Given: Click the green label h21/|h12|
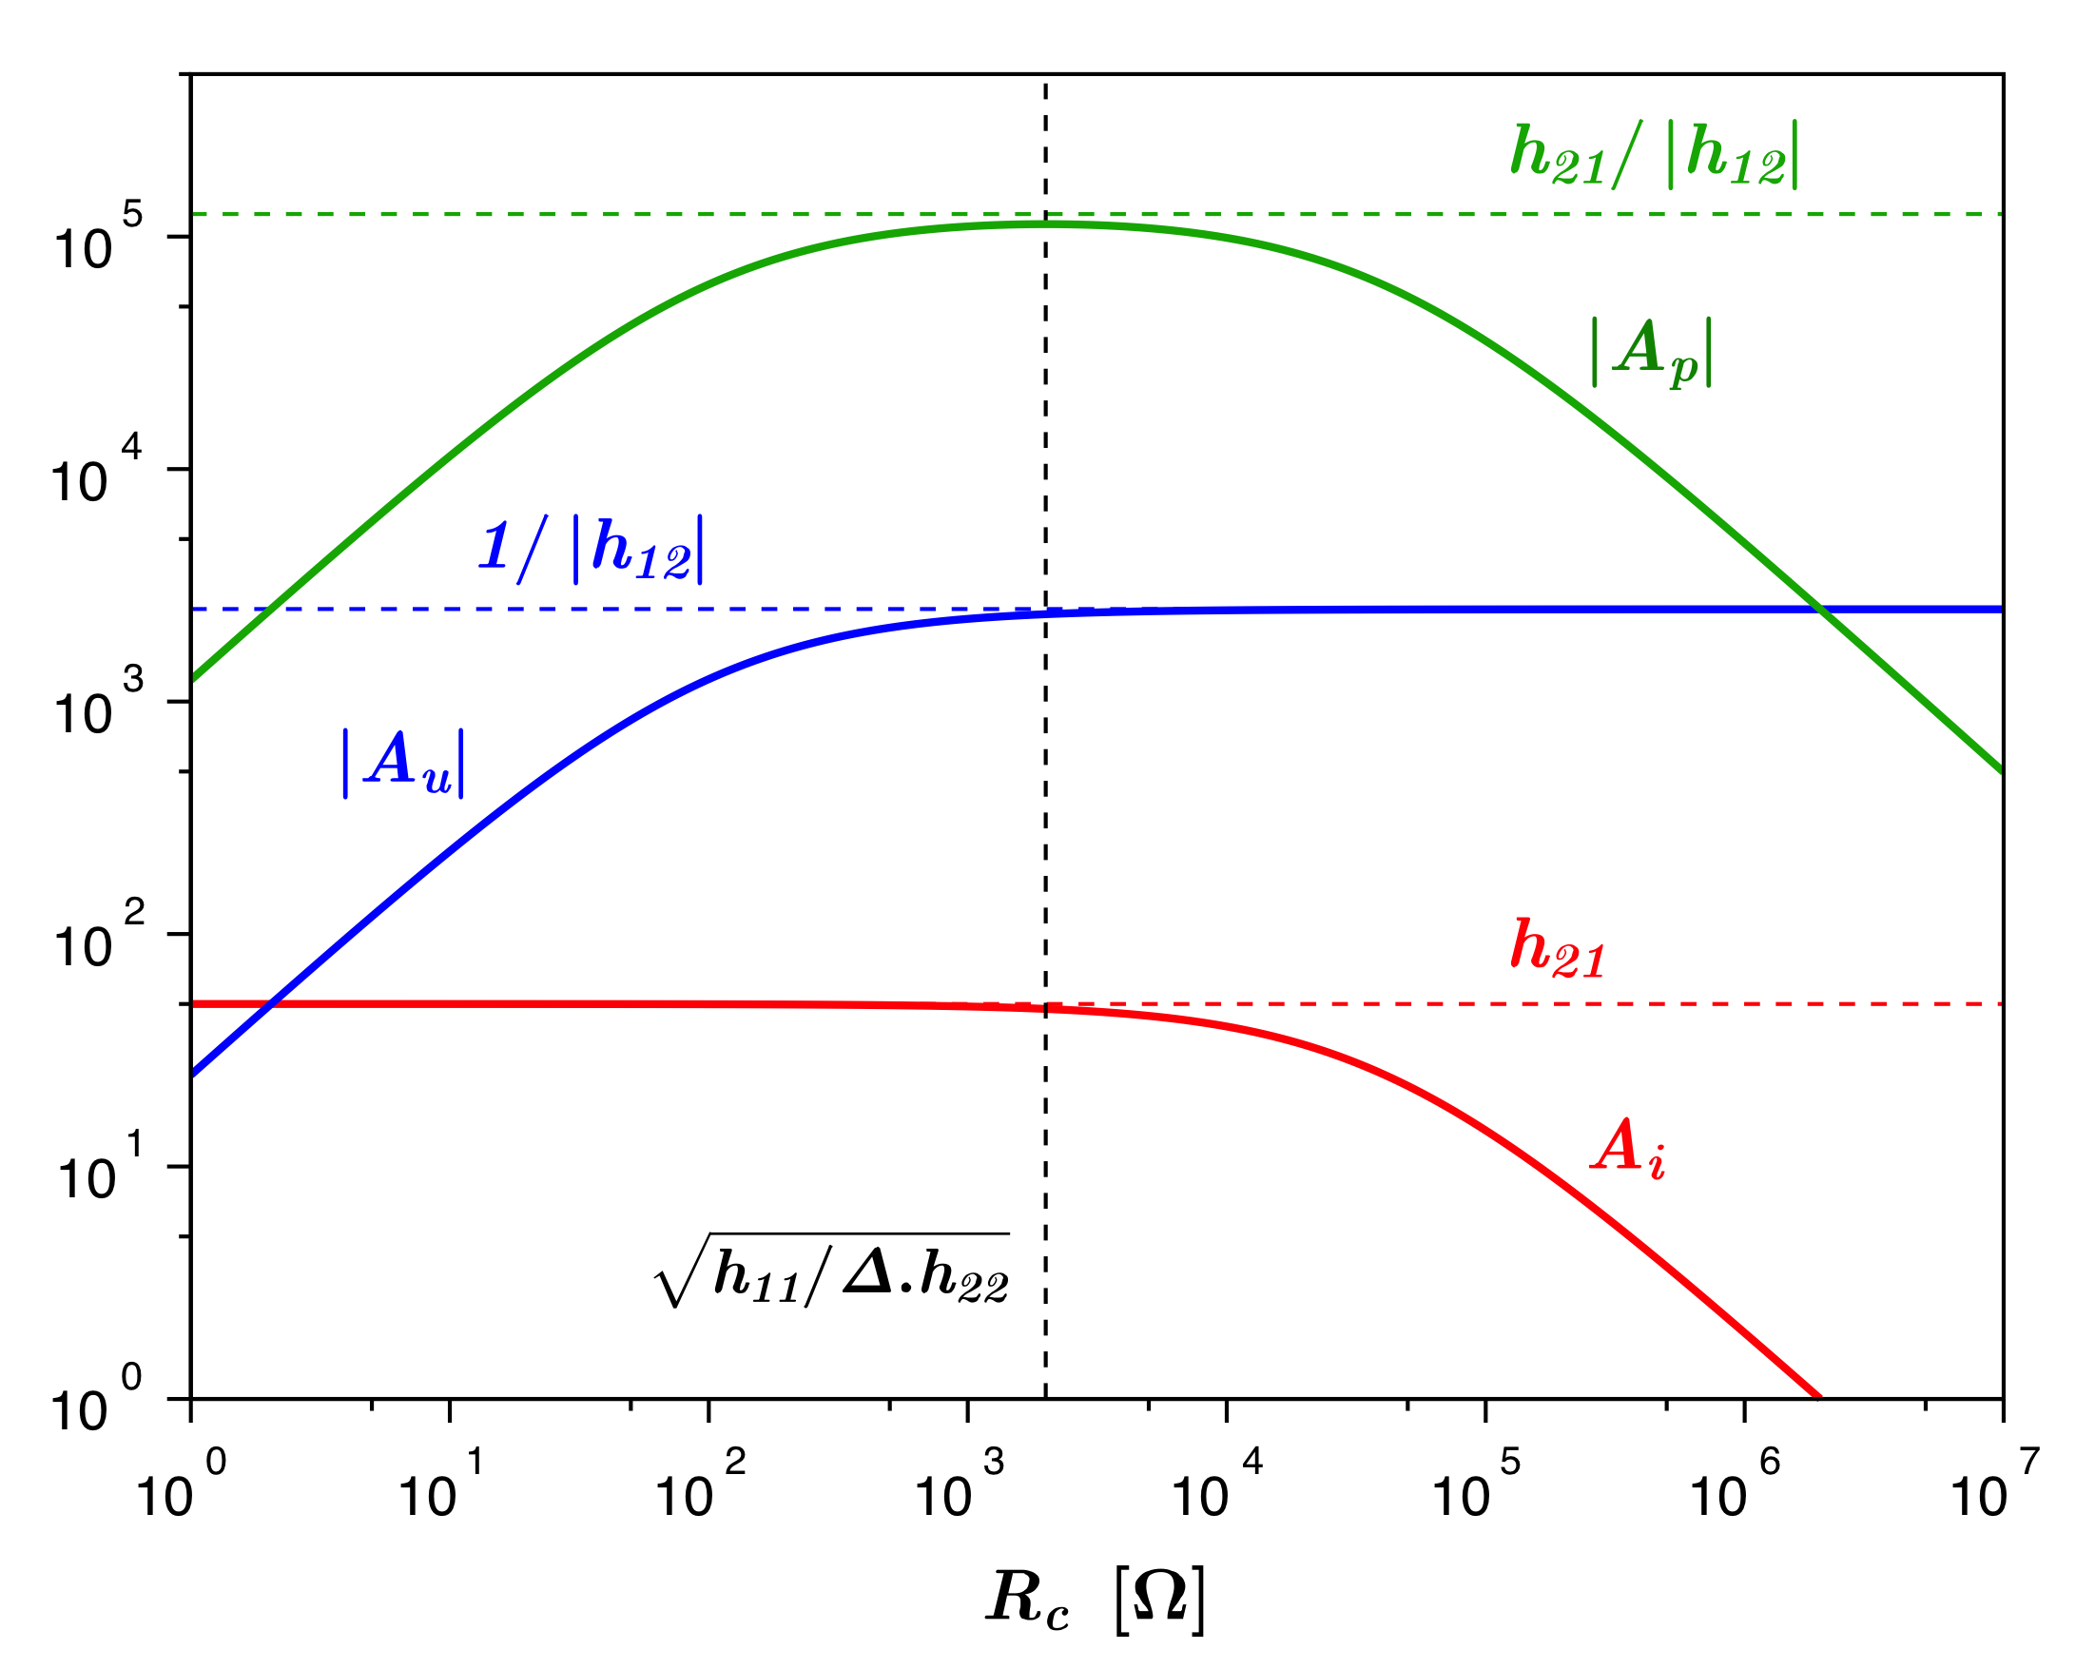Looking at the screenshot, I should [1654, 155].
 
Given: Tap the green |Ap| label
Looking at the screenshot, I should [1651, 352].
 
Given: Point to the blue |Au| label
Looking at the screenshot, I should [403, 763].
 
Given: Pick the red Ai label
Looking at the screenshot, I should [1630, 1149].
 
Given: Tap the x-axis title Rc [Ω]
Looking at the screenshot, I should [1096, 1597].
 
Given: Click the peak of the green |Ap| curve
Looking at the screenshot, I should [1045, 224].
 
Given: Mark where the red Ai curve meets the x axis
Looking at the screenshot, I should [1818, 1398].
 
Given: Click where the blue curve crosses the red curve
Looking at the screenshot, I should [274, 1003].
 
